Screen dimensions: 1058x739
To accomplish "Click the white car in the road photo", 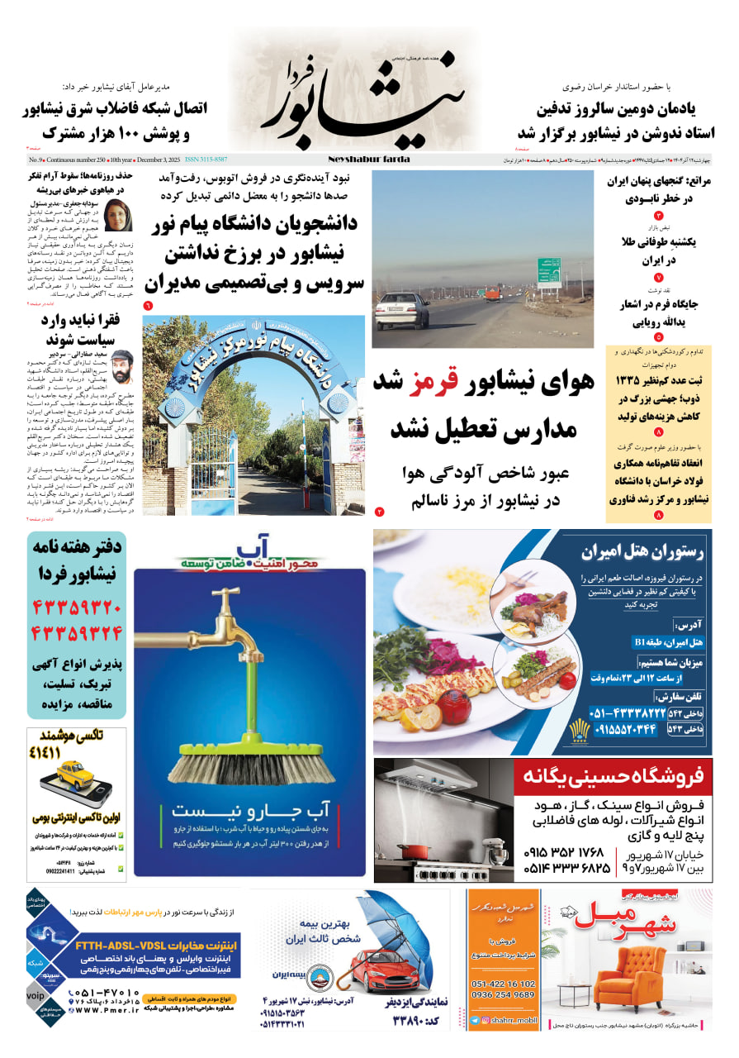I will (401, 311).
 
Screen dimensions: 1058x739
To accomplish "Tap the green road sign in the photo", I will (549, 272).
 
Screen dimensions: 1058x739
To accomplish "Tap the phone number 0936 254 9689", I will (503, 995).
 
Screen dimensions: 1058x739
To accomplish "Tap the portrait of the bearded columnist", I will (122, 366).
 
